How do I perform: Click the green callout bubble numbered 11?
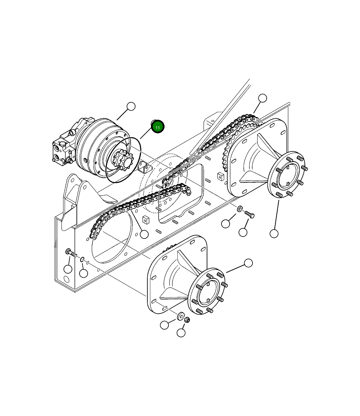click(158, 127)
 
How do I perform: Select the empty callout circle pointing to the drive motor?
click(131, 107)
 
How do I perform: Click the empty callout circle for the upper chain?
click(262, 98)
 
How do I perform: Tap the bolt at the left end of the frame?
click(70, 253)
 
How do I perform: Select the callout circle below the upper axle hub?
click(274, 234)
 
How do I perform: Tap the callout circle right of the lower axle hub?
click(248, 263)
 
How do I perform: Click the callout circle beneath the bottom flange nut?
click(181, 333)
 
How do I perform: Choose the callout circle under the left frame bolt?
click(68, 269)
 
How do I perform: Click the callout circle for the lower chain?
click(144, 234)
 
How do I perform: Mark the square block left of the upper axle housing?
click(221, 176)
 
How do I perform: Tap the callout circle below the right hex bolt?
click(243, 232)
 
